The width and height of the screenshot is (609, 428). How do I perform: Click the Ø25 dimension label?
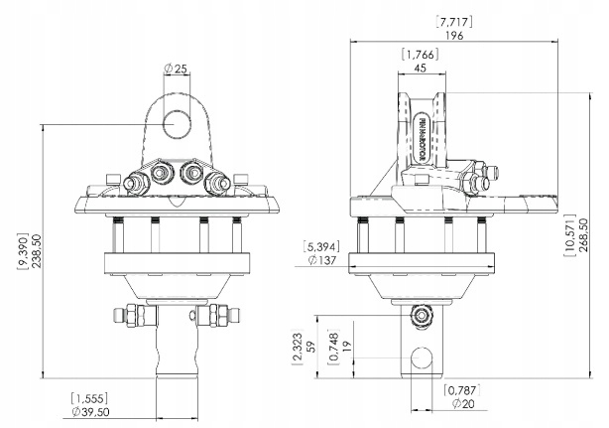(x=177, y=69)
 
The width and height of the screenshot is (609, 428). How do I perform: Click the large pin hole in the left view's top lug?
(x=179, y=123)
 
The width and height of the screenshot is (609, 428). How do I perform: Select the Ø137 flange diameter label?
(x=323, y=259)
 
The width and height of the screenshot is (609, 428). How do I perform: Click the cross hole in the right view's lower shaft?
(x=424, y=357)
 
